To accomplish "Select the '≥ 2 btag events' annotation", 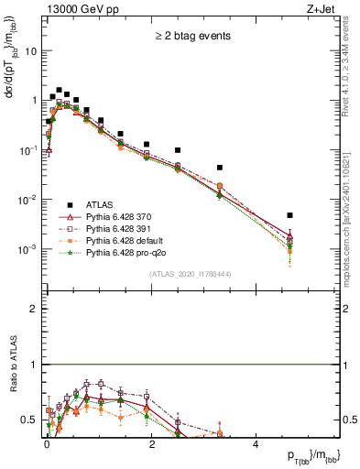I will [191, 37].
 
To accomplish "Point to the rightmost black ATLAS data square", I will [289, 215].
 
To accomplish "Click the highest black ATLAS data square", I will [59, 91].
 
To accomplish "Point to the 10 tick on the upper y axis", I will [31, 51].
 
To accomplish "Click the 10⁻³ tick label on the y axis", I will [28, 249].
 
